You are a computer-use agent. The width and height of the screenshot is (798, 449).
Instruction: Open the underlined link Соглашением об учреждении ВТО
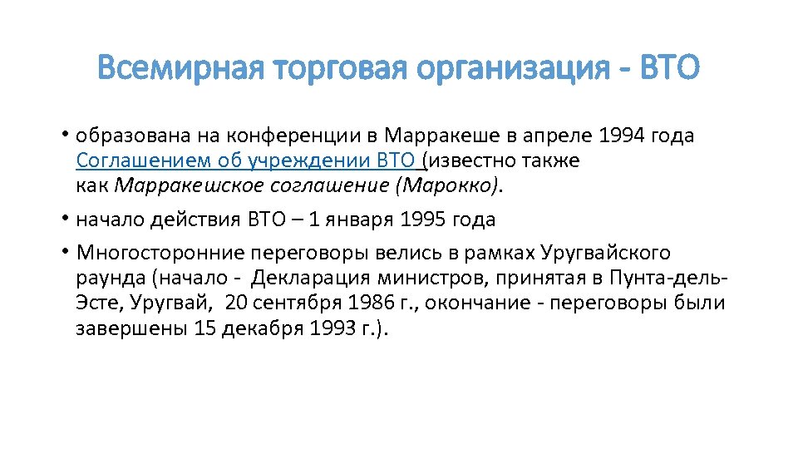(248, 160)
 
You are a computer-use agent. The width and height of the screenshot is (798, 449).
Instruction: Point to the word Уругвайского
(604, 253)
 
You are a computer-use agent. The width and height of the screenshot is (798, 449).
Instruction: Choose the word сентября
(285, 303)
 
